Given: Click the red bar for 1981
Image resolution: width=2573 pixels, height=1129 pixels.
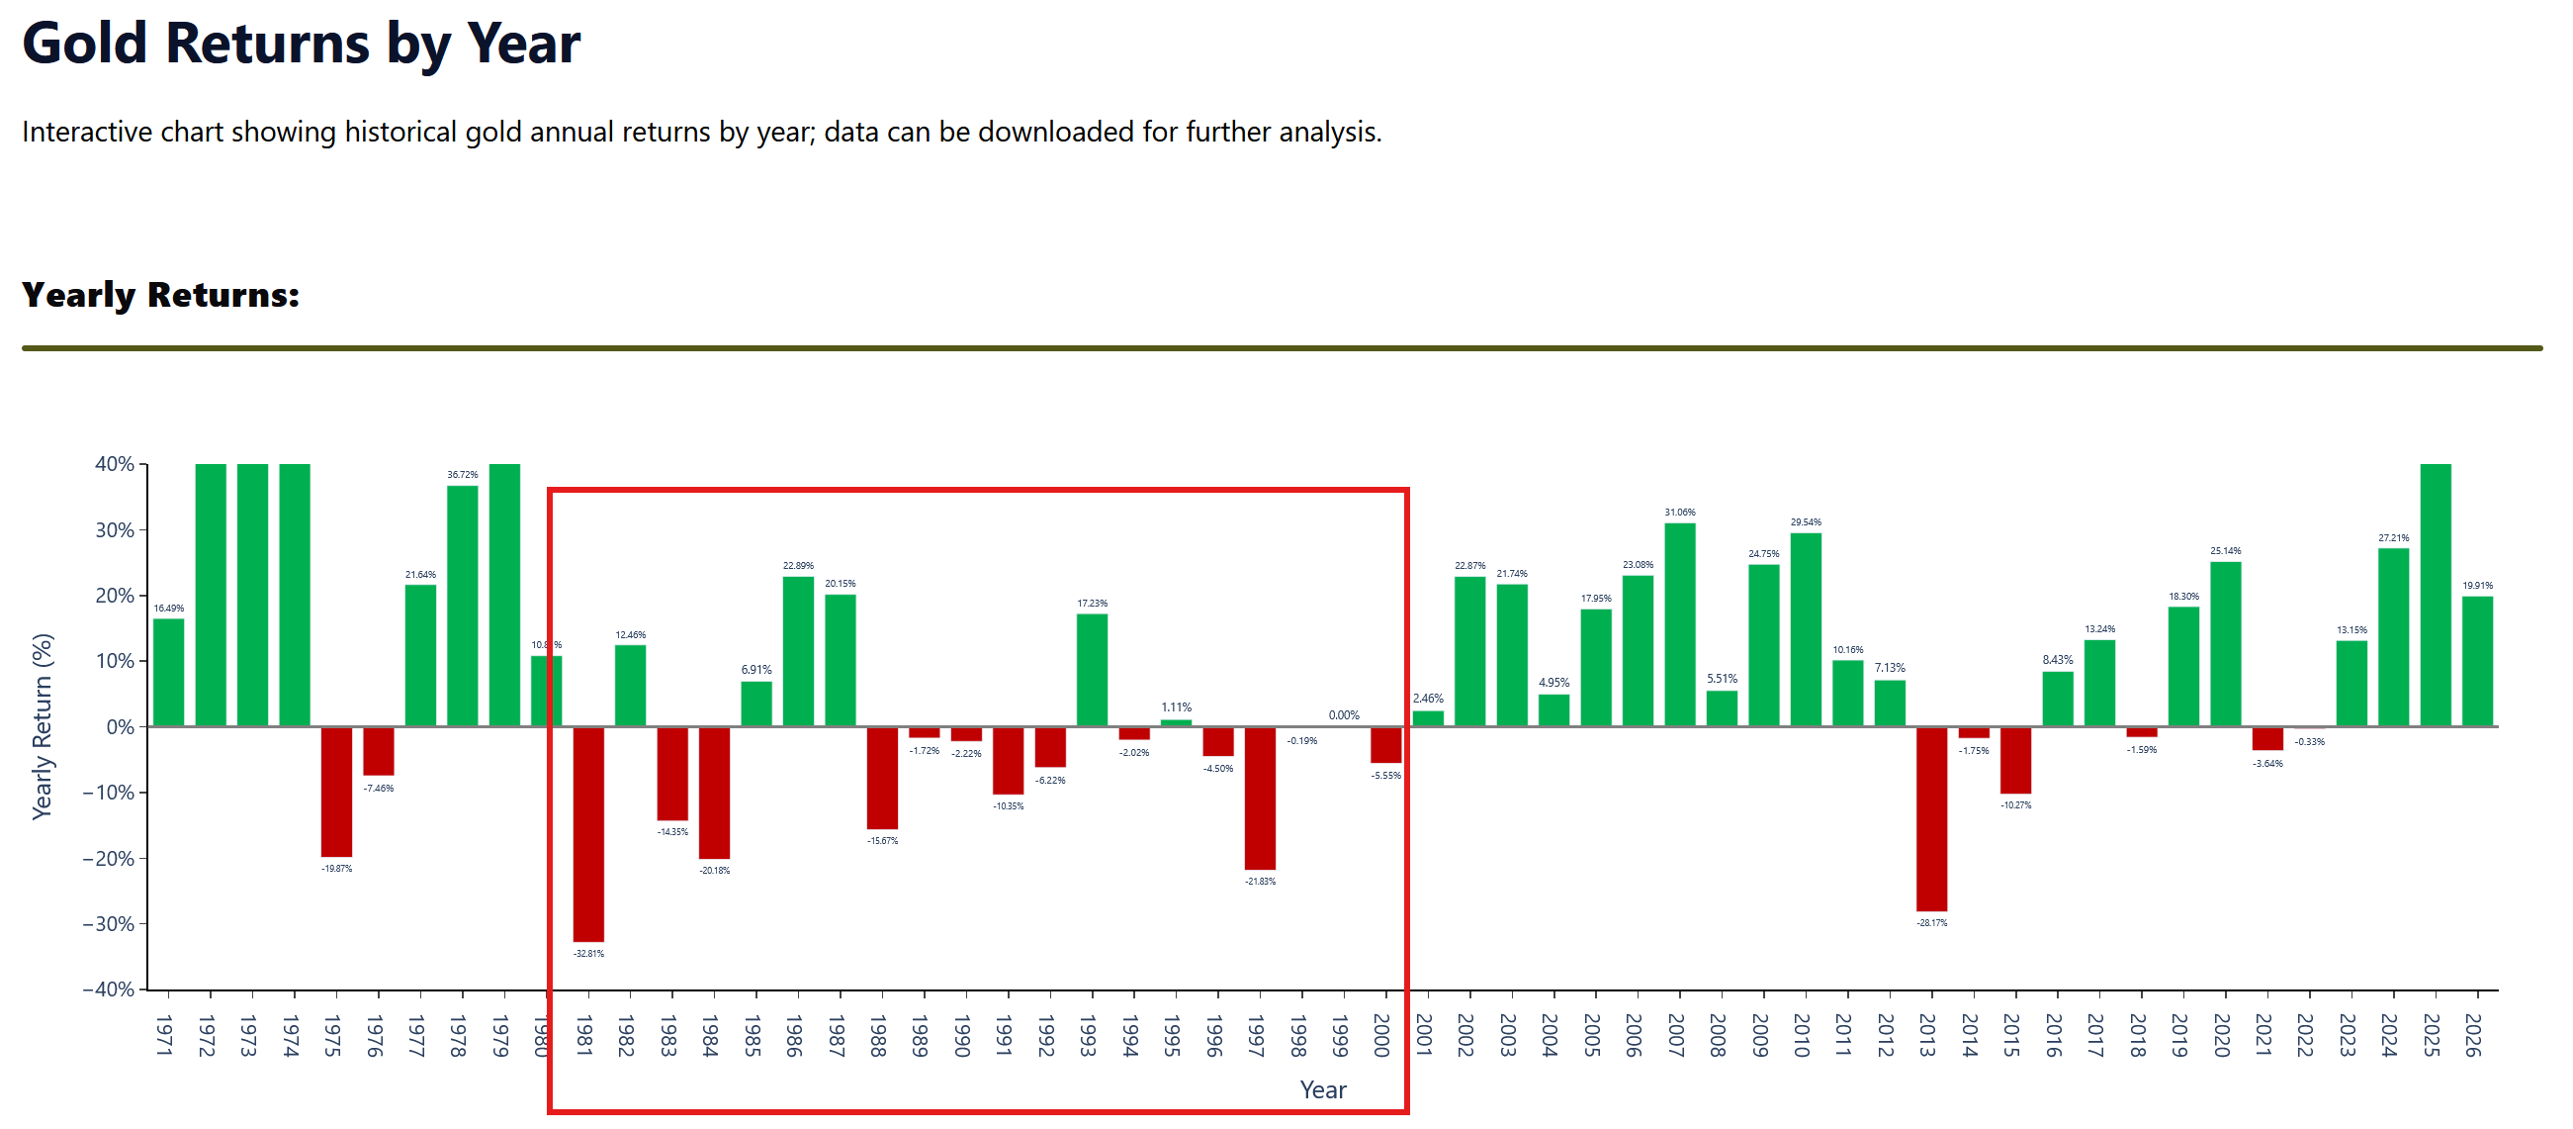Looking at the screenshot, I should [588, 833].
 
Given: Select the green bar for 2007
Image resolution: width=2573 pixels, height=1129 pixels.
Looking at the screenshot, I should [1680, 624].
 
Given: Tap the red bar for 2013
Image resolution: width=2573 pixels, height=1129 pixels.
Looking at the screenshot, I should [1932, 818].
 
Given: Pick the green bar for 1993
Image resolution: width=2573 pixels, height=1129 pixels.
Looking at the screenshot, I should [1092, 670].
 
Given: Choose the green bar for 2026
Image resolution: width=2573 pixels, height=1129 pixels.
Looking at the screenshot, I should [2477, 660].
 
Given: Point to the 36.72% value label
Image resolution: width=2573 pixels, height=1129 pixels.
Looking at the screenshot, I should [463, 475].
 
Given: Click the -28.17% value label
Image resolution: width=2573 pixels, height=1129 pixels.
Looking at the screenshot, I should [1932, 923].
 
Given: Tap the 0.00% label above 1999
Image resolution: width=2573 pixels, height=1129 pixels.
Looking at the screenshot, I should [1344, 715].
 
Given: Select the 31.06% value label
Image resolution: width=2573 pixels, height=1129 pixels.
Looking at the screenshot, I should [1680, 513].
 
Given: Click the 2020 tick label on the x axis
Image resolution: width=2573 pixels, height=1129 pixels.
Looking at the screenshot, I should [2221, 1035].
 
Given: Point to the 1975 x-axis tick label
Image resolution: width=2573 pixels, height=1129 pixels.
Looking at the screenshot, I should [332, 1035].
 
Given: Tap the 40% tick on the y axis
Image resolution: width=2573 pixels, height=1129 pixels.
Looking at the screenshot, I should [115, 465].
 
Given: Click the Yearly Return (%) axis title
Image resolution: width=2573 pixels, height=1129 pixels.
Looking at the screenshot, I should [42, 726].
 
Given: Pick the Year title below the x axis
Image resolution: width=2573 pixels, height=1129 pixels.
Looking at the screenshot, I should [1322, 1090].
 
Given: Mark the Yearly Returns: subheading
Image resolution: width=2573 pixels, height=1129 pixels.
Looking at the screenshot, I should [161, 295].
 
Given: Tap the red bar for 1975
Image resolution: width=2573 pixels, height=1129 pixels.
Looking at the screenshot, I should [336, 792].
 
